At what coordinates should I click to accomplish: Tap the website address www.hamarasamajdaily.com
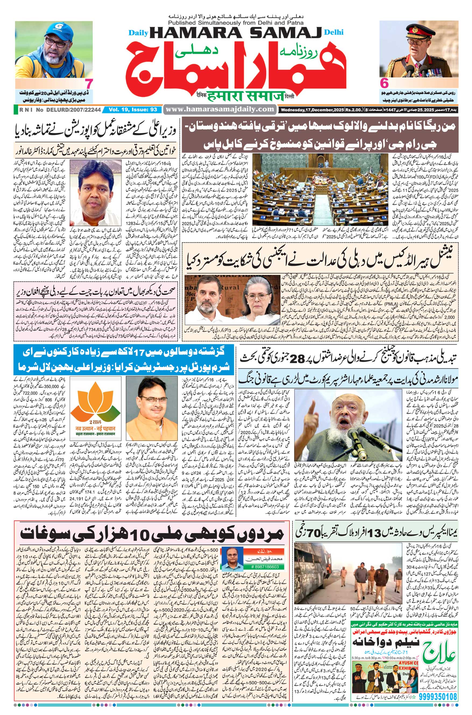[x=220, y=109]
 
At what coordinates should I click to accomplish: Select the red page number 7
[x=89, y=83]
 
